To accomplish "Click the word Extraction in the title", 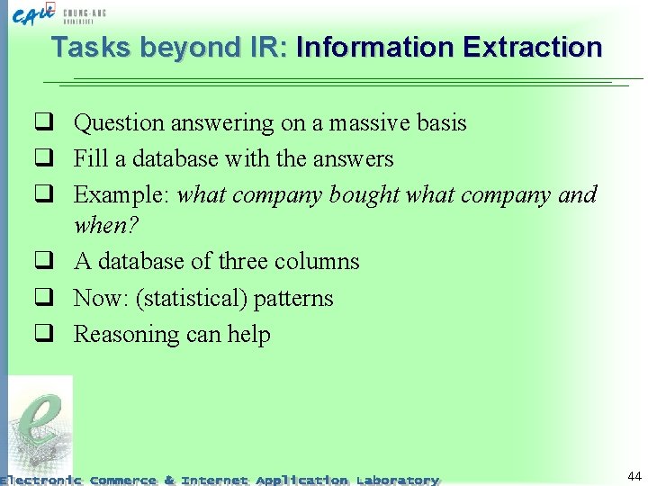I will point(531,47).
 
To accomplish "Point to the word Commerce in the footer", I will point(123,481).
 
